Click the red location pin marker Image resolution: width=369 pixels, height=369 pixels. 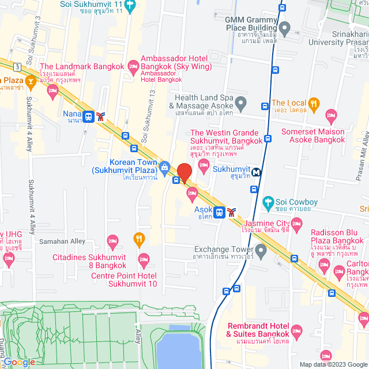pos(184,172)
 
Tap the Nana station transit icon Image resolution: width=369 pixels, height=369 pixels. pos(89,116)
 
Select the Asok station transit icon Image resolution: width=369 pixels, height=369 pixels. pos(219,212)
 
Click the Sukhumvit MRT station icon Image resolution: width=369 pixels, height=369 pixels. pos(255,171)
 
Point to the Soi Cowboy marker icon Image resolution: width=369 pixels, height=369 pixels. pos(268,202)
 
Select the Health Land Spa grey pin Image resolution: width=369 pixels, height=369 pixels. pos(241,104)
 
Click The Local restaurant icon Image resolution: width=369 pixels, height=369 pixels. pos(314,104)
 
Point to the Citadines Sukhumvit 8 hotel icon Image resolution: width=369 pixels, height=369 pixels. pos(113,240)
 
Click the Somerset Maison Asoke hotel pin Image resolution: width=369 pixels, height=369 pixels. pos(330,115)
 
